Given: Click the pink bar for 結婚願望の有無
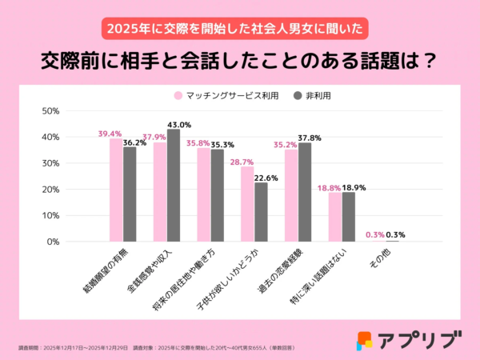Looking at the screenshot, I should click(116, 190).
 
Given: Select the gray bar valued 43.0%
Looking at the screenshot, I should click(174, 185).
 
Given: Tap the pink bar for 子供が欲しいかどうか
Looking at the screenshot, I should click(247, 204).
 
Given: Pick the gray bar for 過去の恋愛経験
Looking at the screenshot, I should click(305, 192).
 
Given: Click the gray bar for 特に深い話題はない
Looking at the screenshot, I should click(348, 217).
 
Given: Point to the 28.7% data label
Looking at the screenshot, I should click(242, 162).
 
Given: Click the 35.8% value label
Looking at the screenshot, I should click(198, 144).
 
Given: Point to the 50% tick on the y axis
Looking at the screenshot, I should click(50, 111).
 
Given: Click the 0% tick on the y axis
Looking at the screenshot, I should click(53, 242).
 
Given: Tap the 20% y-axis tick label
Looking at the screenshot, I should click(50, 190).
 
